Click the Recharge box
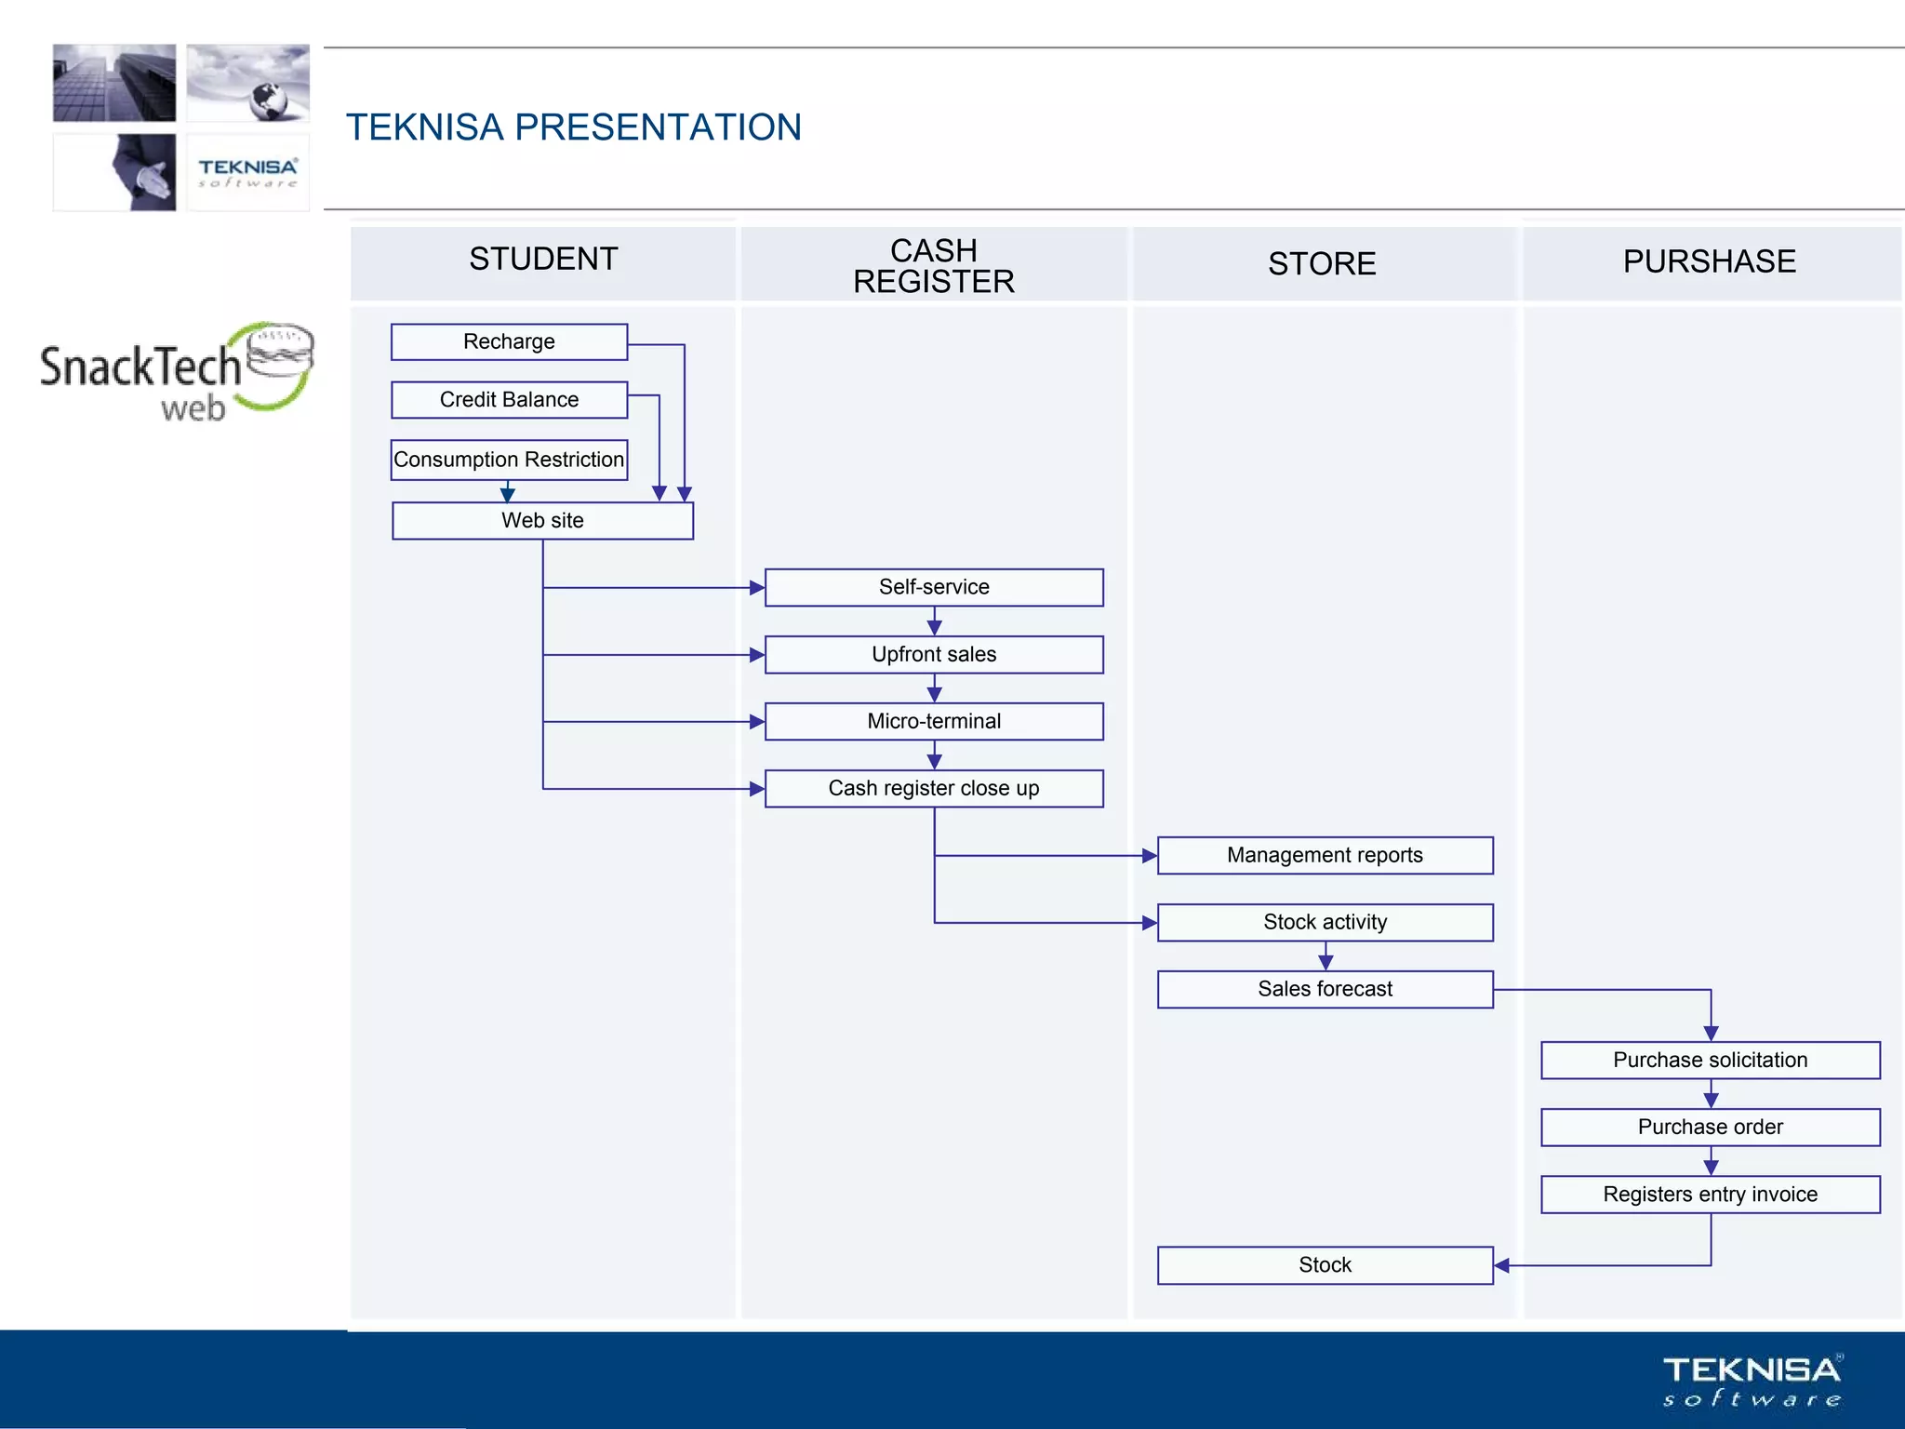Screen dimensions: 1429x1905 tap(509, 341)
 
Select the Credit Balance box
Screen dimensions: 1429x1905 tap(509, 400)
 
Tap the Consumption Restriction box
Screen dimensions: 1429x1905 tap(509, 460)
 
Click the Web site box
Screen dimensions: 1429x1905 tap(542, 521)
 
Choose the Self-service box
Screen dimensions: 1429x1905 tap(934, 587)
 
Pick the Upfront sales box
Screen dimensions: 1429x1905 tap(934, 654)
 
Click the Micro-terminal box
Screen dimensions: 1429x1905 tap(934, 721)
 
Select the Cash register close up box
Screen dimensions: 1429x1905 tap(934, 788)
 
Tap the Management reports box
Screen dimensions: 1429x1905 tap(1325, 855)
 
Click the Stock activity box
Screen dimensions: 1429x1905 tap(1325, 922)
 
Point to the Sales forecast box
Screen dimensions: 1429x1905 tap(1325, 989)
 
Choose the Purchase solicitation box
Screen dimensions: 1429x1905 tap(1710, 1060)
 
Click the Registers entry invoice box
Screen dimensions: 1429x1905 tap(1710, 1194)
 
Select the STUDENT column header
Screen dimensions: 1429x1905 tap(543, 260)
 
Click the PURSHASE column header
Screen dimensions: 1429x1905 tap(1710, 261)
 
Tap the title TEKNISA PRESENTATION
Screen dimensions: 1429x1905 tap(573, 127)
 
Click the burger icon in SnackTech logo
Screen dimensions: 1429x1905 tap(280, 352)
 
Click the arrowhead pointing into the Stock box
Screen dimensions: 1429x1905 tap(1501, 1265)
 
